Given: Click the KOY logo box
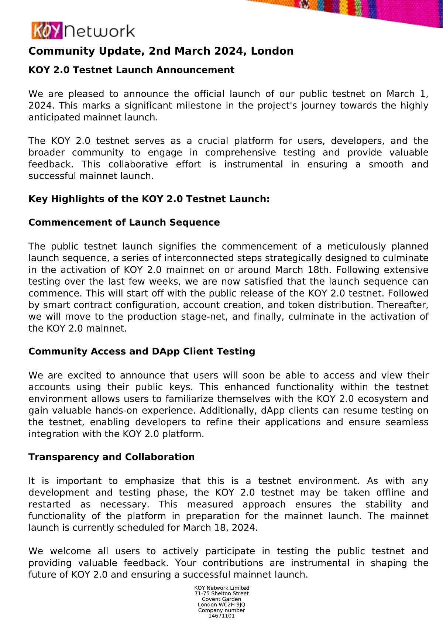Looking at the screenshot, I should point(47,31).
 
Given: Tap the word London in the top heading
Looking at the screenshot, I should point(272,51).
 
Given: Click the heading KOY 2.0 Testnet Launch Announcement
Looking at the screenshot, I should point(131,70).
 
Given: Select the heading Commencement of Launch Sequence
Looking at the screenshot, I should point(124,222).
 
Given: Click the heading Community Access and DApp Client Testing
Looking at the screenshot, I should point(141,351).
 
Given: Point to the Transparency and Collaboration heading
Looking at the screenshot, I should point(111,457).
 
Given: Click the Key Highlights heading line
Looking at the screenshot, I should point(149,199).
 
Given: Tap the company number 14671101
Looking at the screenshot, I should point(221,616).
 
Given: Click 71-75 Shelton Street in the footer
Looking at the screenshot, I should point(221,593).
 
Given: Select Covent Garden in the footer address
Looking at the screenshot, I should point(221,599).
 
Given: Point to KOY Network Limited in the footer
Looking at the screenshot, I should point(221,588).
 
